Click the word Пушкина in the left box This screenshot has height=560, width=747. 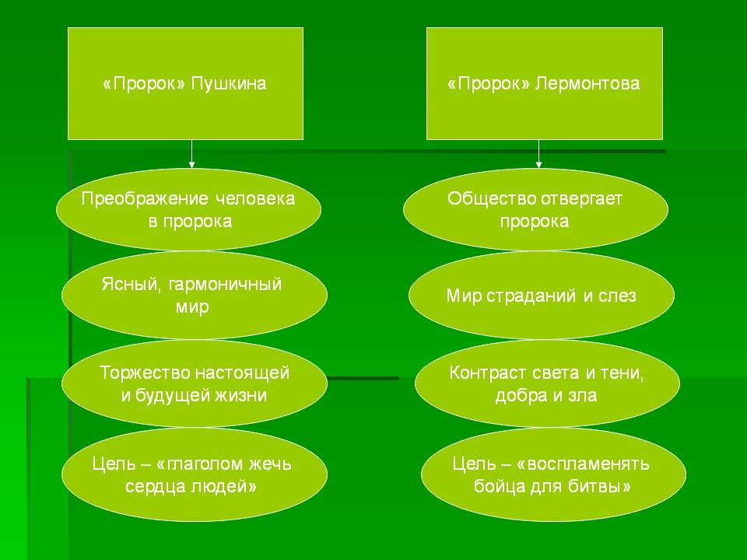click(x=228, y=84)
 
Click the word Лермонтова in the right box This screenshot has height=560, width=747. click(x=587, y=84)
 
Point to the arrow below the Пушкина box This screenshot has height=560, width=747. click(x=191, y=154)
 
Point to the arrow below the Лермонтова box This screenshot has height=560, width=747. click(x=538, y=154)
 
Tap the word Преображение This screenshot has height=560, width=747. click(x=145, y=199)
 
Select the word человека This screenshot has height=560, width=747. click(x=255, y=198)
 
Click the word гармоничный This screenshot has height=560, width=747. click(x=225, y=285)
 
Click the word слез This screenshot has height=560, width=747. click(x=617, y=296)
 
